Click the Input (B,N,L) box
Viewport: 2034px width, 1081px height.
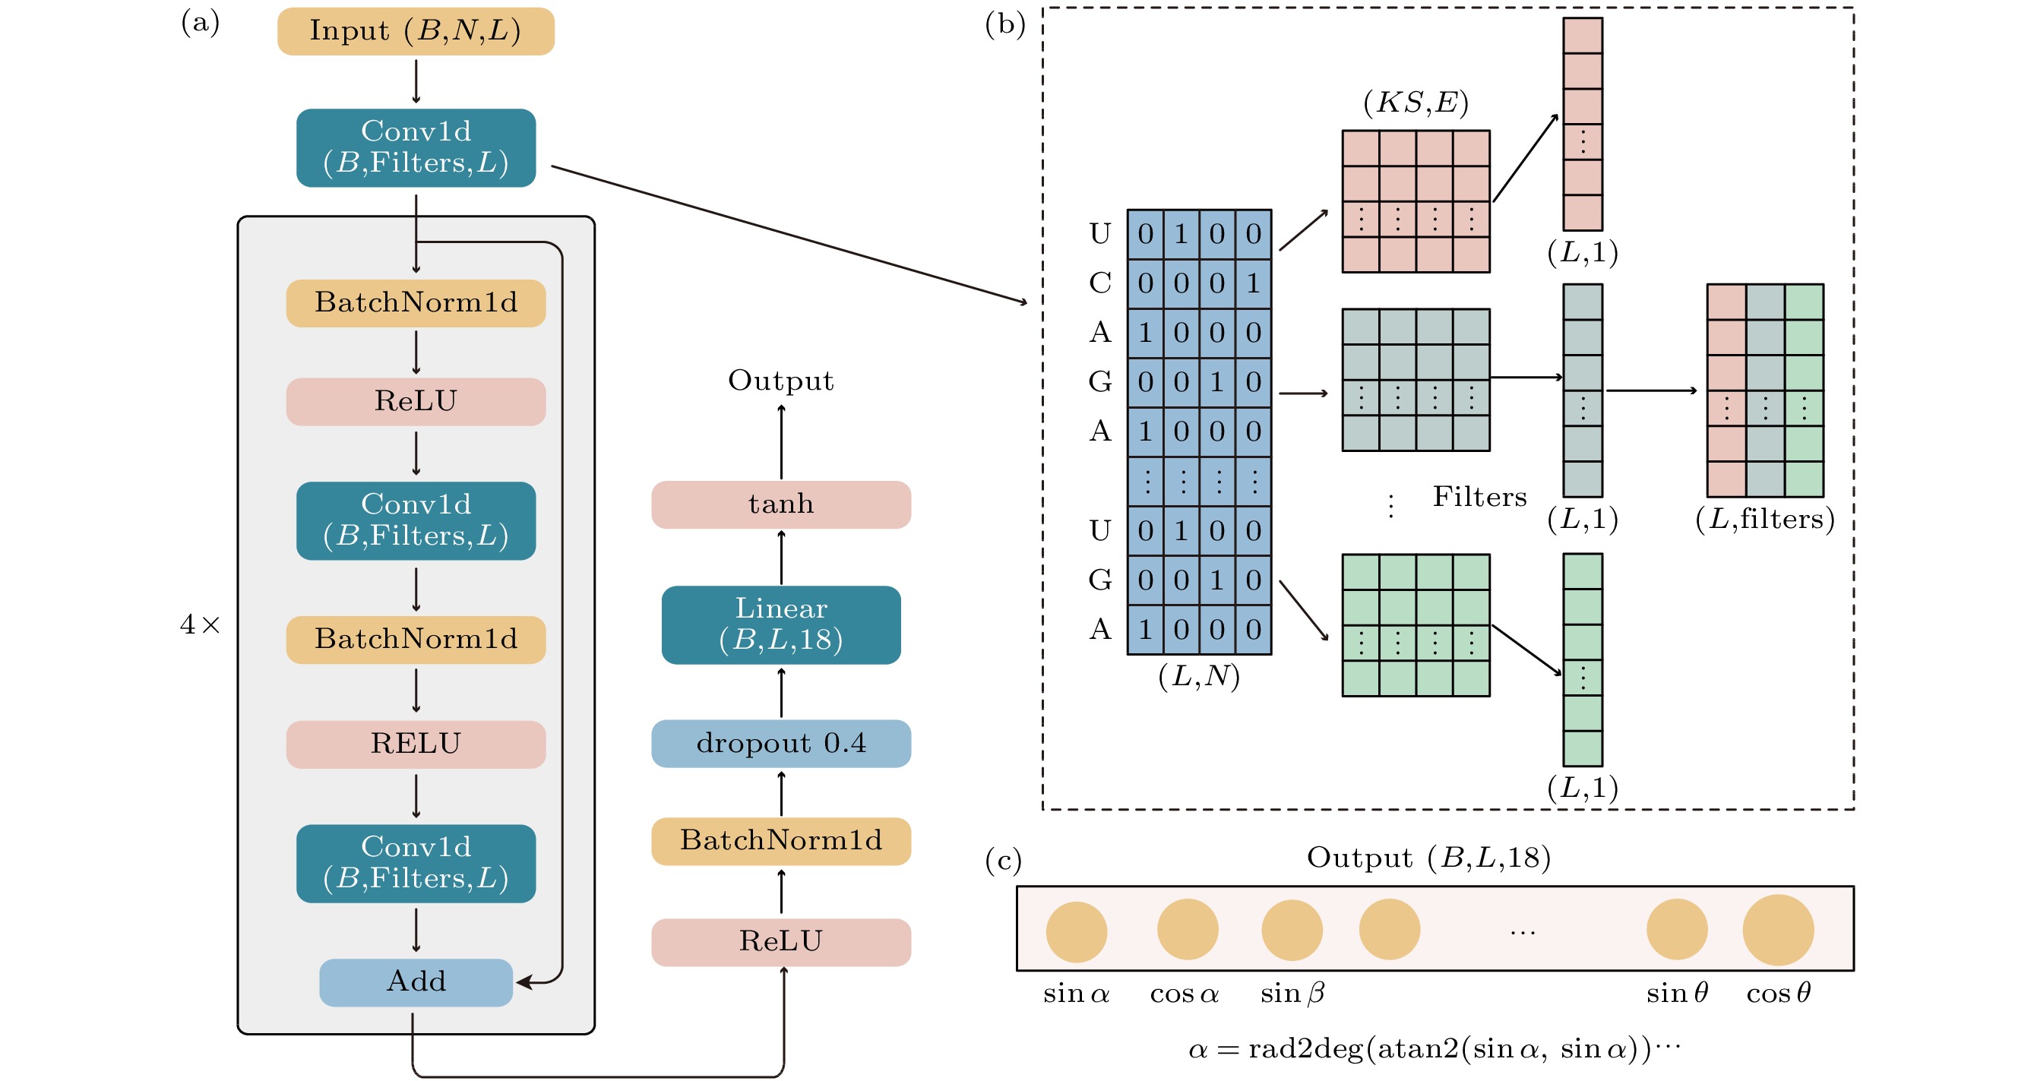tap(416, 32)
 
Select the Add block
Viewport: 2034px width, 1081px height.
tap(416, 981)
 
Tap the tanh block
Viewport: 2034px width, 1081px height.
tap(780, 504)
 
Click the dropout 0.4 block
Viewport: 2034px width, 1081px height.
tap(780, 743)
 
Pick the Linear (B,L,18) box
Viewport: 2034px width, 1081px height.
tap(780, 624)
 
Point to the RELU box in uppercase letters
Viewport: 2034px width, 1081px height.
tap(416, 744)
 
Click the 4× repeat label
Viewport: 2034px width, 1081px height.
tap(200, 625)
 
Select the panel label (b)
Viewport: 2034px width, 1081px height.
tap(1004, 24)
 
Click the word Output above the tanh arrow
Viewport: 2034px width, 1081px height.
tap(780, 381)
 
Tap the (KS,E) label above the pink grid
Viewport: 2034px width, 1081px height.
tap(1415, 103)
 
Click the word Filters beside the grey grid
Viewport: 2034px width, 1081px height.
tap(1479, 497)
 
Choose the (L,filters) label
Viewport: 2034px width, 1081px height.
tap(1764, 519)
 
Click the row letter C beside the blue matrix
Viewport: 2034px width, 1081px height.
tap(1100, 283)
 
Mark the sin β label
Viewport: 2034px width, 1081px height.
tap(1292, 993)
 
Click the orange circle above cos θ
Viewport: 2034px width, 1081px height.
tap(1777, 929)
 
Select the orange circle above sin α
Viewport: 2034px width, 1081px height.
tap(1075, 932)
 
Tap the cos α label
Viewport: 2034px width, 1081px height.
tap(1184, 994)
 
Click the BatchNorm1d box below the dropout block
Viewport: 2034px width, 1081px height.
tap(780, 841)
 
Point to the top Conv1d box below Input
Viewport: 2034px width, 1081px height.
tap(416, 147)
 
